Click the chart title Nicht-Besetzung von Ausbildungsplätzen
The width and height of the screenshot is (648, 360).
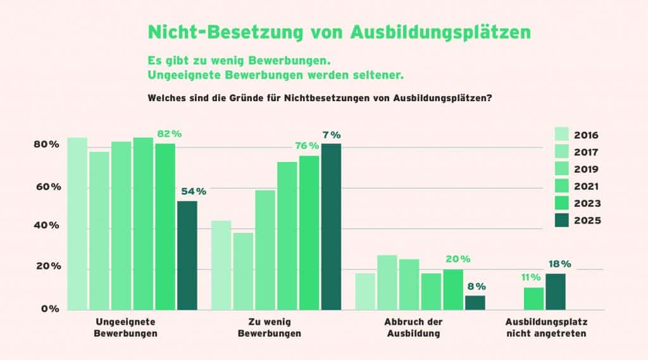(x=339, y=32)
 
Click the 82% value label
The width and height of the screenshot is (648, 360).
(x=169, y=134)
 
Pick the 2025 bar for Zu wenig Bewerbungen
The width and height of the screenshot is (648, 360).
(x=330, y=227)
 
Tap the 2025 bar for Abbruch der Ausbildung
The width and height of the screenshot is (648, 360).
(x=475, y=302)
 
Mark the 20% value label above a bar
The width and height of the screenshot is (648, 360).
(x=458, y=259)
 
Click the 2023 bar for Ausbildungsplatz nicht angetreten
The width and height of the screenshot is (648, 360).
(x=533, y=299)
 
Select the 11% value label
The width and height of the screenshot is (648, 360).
(x=530, y=277)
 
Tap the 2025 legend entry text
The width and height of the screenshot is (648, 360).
(x=587, y=221)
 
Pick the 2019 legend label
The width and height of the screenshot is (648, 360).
(x=587, y=170)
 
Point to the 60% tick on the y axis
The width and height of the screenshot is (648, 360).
(x=47, y=187)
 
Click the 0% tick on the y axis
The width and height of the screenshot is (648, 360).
(x=51, y=309)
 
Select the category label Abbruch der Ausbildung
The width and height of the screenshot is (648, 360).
(x=413, y=327)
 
